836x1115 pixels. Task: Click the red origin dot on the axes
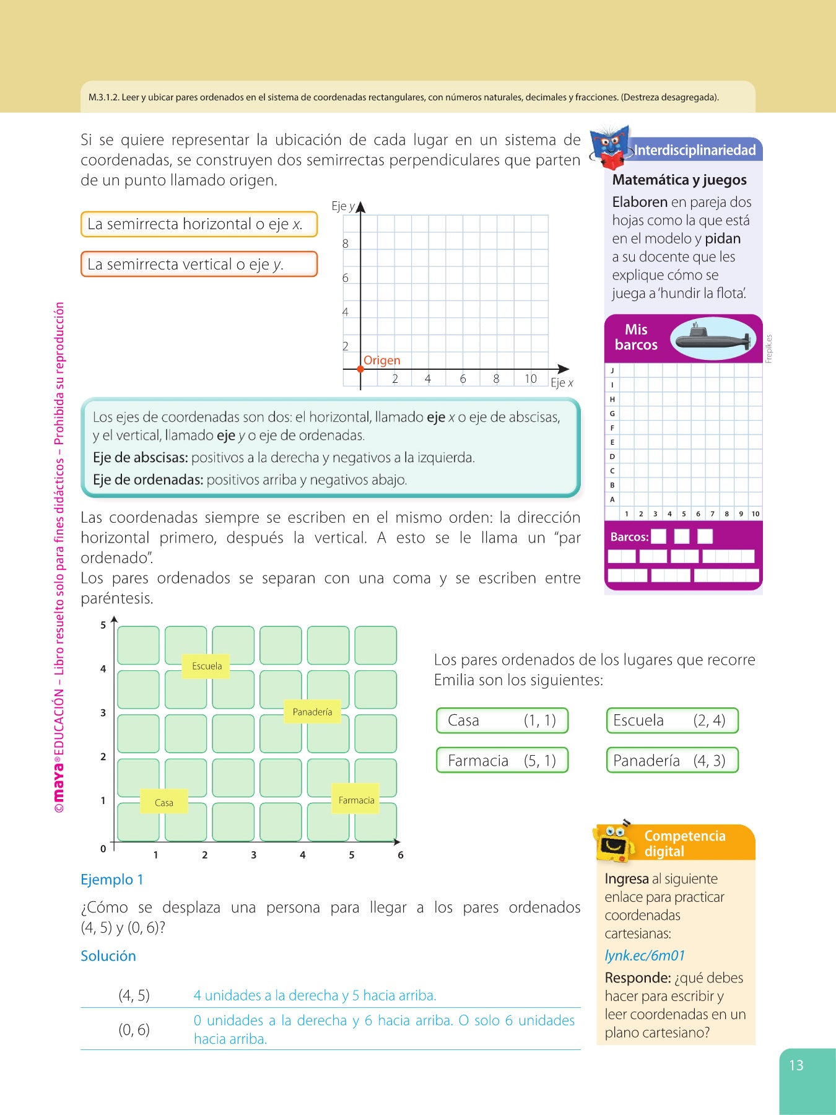pos(360,369)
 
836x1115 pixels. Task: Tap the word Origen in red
pos(381,360)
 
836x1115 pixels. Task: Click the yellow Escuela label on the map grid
pos(206,666)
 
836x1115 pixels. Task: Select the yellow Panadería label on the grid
pos(312,712)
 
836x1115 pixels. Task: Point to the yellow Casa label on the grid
pos(164,802)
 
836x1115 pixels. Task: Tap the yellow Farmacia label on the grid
pos(356,800)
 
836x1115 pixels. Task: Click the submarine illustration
pos(713,338)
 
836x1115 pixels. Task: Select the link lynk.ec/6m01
pos(645,955)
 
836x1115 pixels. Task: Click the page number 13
pos(796,1065)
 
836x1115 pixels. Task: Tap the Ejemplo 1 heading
pos(112,879)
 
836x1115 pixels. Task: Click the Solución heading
pos(108,955)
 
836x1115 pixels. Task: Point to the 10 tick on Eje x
pos(531,378)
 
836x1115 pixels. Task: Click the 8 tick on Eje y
pos(346,243)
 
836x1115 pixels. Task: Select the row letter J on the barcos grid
pos(612,370)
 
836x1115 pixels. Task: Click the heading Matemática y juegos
pos(679,180)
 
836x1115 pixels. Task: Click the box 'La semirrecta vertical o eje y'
pos(199,264)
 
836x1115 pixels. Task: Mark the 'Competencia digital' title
pos(684,843)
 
